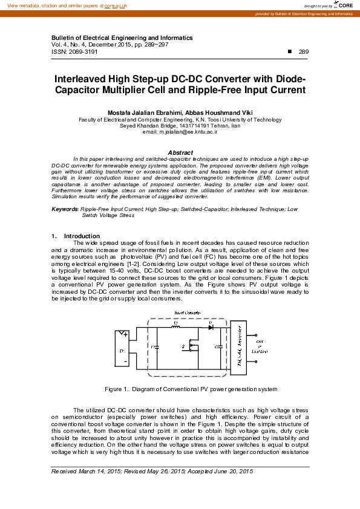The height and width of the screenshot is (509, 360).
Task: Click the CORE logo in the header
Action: [x=341, y=5]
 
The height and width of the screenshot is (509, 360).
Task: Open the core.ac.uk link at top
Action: [x=116, y=5]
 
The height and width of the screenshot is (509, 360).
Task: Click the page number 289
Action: [x=304, y=52]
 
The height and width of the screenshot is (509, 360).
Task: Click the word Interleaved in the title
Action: [x=82, y=79]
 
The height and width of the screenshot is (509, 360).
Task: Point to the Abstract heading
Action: [x=180, y=153]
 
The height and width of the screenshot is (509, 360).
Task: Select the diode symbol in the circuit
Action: [x=210, y=328]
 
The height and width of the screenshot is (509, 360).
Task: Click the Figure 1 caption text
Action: [x=191, y=389]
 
